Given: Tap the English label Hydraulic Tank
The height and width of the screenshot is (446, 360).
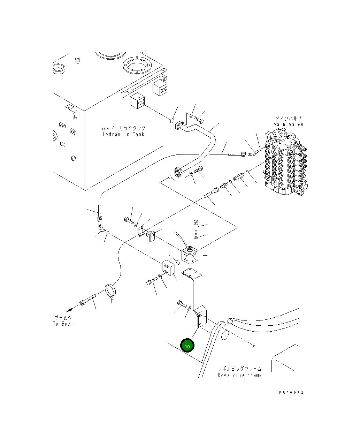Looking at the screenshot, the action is (123, 134).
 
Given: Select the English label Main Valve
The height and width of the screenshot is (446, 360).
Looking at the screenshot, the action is (288, 124).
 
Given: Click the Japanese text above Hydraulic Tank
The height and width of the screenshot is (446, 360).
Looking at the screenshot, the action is (123, 128).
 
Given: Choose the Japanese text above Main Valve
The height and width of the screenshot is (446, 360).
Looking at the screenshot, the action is (289, 118).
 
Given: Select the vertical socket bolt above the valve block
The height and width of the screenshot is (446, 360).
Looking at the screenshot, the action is (196, 227).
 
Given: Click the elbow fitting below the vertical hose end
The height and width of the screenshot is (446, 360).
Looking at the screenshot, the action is (101, 228).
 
